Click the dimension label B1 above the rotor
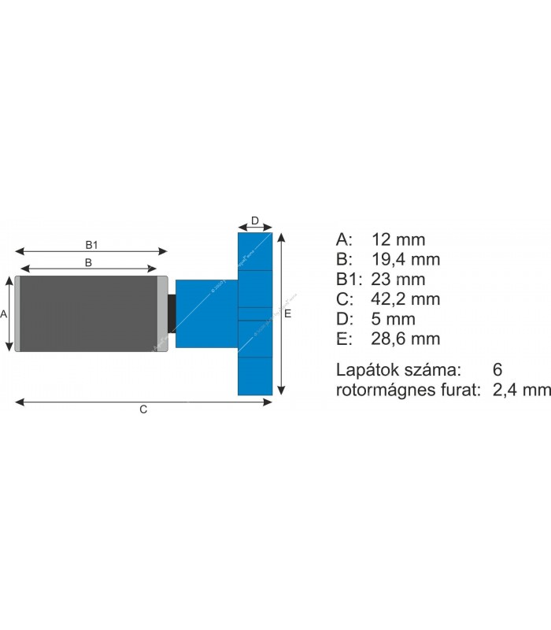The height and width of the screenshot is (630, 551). pyautogui.click(x=91, y=244)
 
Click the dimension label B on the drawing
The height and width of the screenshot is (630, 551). pyautogui.click(x=89, y=262)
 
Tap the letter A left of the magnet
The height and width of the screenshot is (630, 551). pyautogui.click(x=4, y=313)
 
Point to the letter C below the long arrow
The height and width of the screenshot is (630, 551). pyautogui.click(x=143, y=409)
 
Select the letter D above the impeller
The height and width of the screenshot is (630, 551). pyautogui.click(x=255, y=220)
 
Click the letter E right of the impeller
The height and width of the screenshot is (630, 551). pyautogui.click(x=288, y=313)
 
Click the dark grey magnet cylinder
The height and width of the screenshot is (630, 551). pyautogui.click(x=87, y=313)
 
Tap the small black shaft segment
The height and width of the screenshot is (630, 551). pyautogui.click(x=172, y=313)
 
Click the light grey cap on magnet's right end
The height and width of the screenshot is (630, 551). pyautogui.click(x=162, y=313)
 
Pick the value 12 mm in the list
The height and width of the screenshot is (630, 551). pyautogui.click(x=398, y=239)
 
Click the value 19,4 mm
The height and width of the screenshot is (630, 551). pyautogui.click(x=405, y=259)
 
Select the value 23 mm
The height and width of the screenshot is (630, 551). pyautogui.click(x=398, y=280)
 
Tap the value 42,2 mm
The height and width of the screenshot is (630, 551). pyautogui.click(x=405, y=299)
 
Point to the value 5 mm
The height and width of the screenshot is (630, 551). pyautogui.click(x=393, y=319)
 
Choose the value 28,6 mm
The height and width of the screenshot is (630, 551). pyautogui.click(x=405, y=339)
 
